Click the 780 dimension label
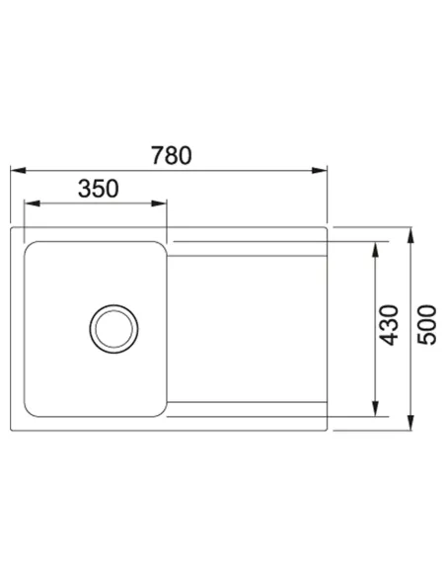tap(172, 155)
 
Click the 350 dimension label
tap(99, 189)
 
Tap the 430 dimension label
tap(389, 325)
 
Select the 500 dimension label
tap(427, 324)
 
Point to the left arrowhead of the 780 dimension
tap(18, 170)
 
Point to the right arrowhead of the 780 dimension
tap(319, 170)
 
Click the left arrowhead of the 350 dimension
tap(32, 204)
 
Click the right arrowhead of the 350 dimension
tap(159, 204)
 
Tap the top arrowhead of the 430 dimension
tap(375, 250)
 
